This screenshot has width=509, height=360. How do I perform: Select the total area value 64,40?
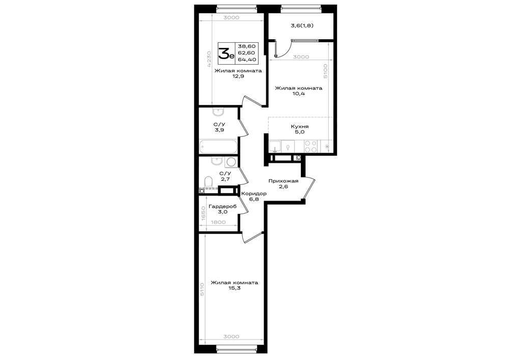(247, 60)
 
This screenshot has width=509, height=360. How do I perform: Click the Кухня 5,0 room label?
(300, 129)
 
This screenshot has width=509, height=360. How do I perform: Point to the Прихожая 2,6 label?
(283, 184)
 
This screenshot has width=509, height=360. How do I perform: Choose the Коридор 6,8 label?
(254, 197)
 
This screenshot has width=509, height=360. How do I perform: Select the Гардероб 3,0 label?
(222, 209)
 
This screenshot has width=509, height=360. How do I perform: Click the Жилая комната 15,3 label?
(234, 285)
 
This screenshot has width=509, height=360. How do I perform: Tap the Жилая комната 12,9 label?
(238, 73)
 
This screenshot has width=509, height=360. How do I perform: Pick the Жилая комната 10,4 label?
(299, 91)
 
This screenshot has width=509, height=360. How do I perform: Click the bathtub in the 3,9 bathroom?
(218, 147)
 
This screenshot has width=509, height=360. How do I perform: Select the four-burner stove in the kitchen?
(310, 147)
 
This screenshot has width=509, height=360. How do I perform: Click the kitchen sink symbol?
(275, 147)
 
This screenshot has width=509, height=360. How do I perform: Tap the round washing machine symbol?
(231, 162)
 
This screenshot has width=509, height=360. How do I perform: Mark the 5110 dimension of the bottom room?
(202, 289)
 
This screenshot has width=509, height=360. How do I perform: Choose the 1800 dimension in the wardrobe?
(218, 223)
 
